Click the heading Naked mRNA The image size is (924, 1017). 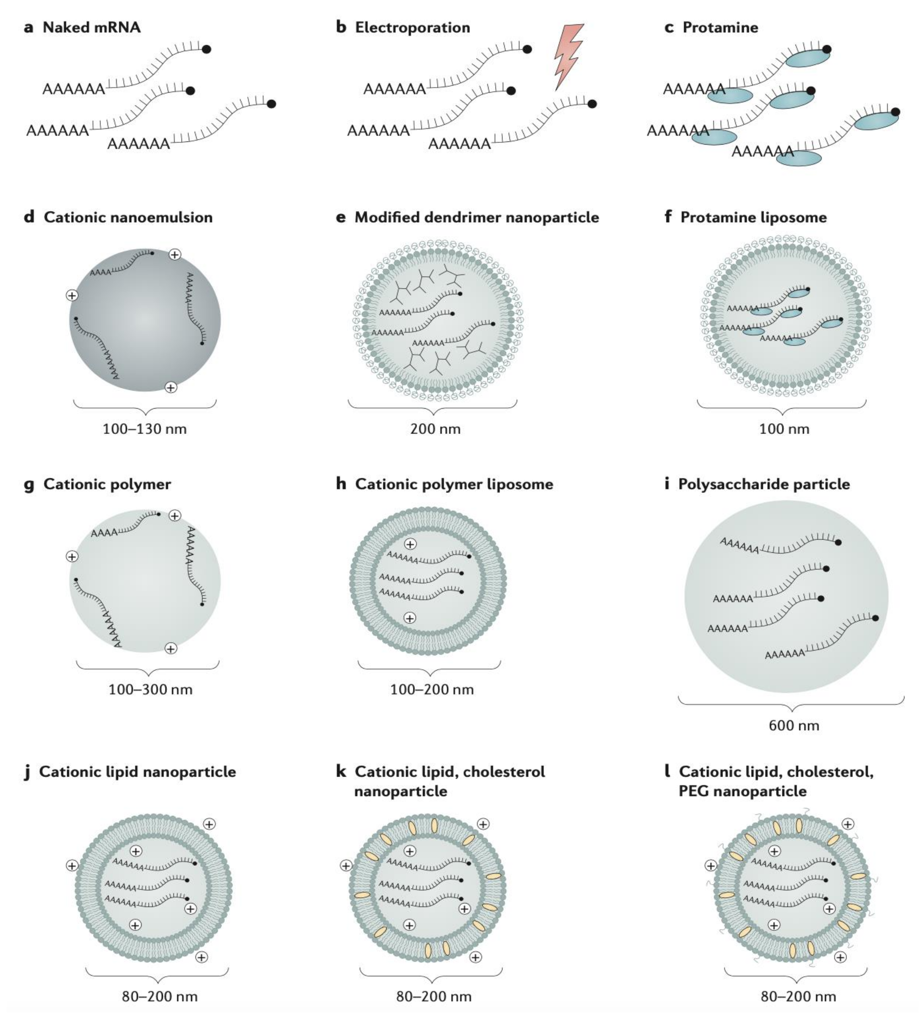pyautogui.click(x=91, y=27)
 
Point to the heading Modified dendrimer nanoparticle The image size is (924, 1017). pyautogui.click(x=477, y=217)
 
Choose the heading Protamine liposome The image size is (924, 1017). pyautogui.click(x=753, y=217)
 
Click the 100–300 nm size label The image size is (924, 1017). pyautogui.click(x=150, y=690)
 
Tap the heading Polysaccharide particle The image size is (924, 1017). pyautogui.click(x=764, y=484)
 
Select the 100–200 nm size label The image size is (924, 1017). pyautogui.click(x=432, y=690)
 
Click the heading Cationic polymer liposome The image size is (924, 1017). pyautogui.click(x=454, y=484)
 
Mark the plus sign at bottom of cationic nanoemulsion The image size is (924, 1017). pyautogui.click(x=171, y=388)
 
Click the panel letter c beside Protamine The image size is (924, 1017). pyautogui.click(x=669, y=27)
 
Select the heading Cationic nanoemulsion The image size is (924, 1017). pyautogui.click(x=128, y=217)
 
